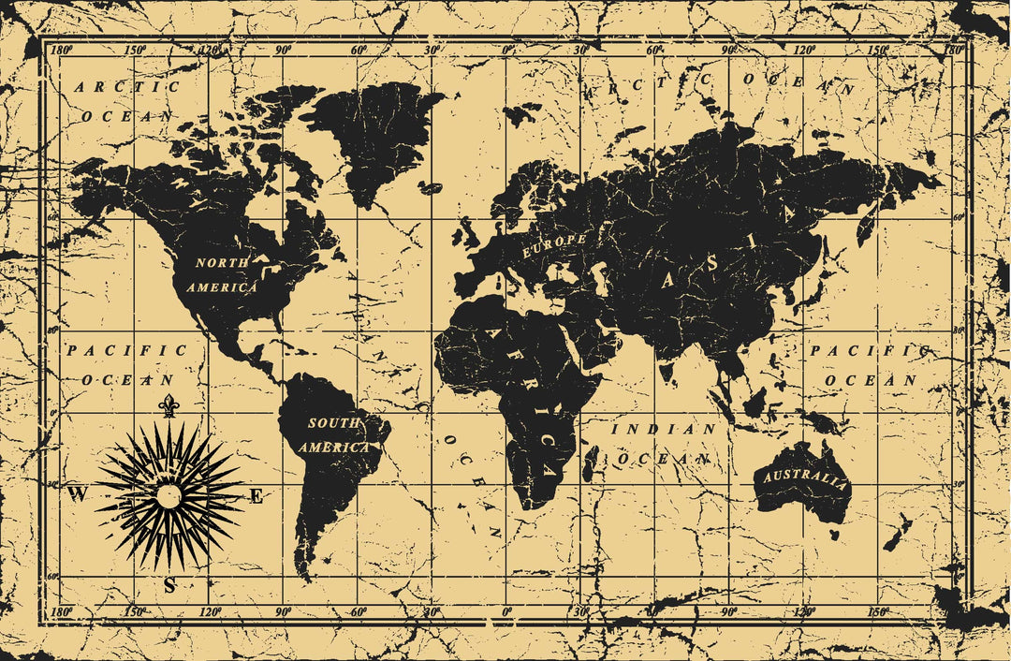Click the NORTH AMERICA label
[x=222, y=275]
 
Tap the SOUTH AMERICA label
[x=334, y=435]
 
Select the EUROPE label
[x=554, y=245]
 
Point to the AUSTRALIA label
[x=805, y=480]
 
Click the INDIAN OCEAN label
[x=663, y=444]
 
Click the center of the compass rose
[x=168, y=496]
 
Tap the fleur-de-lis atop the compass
[x=168, y=405]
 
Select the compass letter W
[x=78, y=495]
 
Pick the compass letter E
[x=256, y=497]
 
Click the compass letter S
[x=169, y=586]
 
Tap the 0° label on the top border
[x=506, y=50]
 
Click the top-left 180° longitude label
[x=62, y=50]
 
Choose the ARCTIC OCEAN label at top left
[x=126, y=101]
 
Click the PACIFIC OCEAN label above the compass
[x=126, y=365]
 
